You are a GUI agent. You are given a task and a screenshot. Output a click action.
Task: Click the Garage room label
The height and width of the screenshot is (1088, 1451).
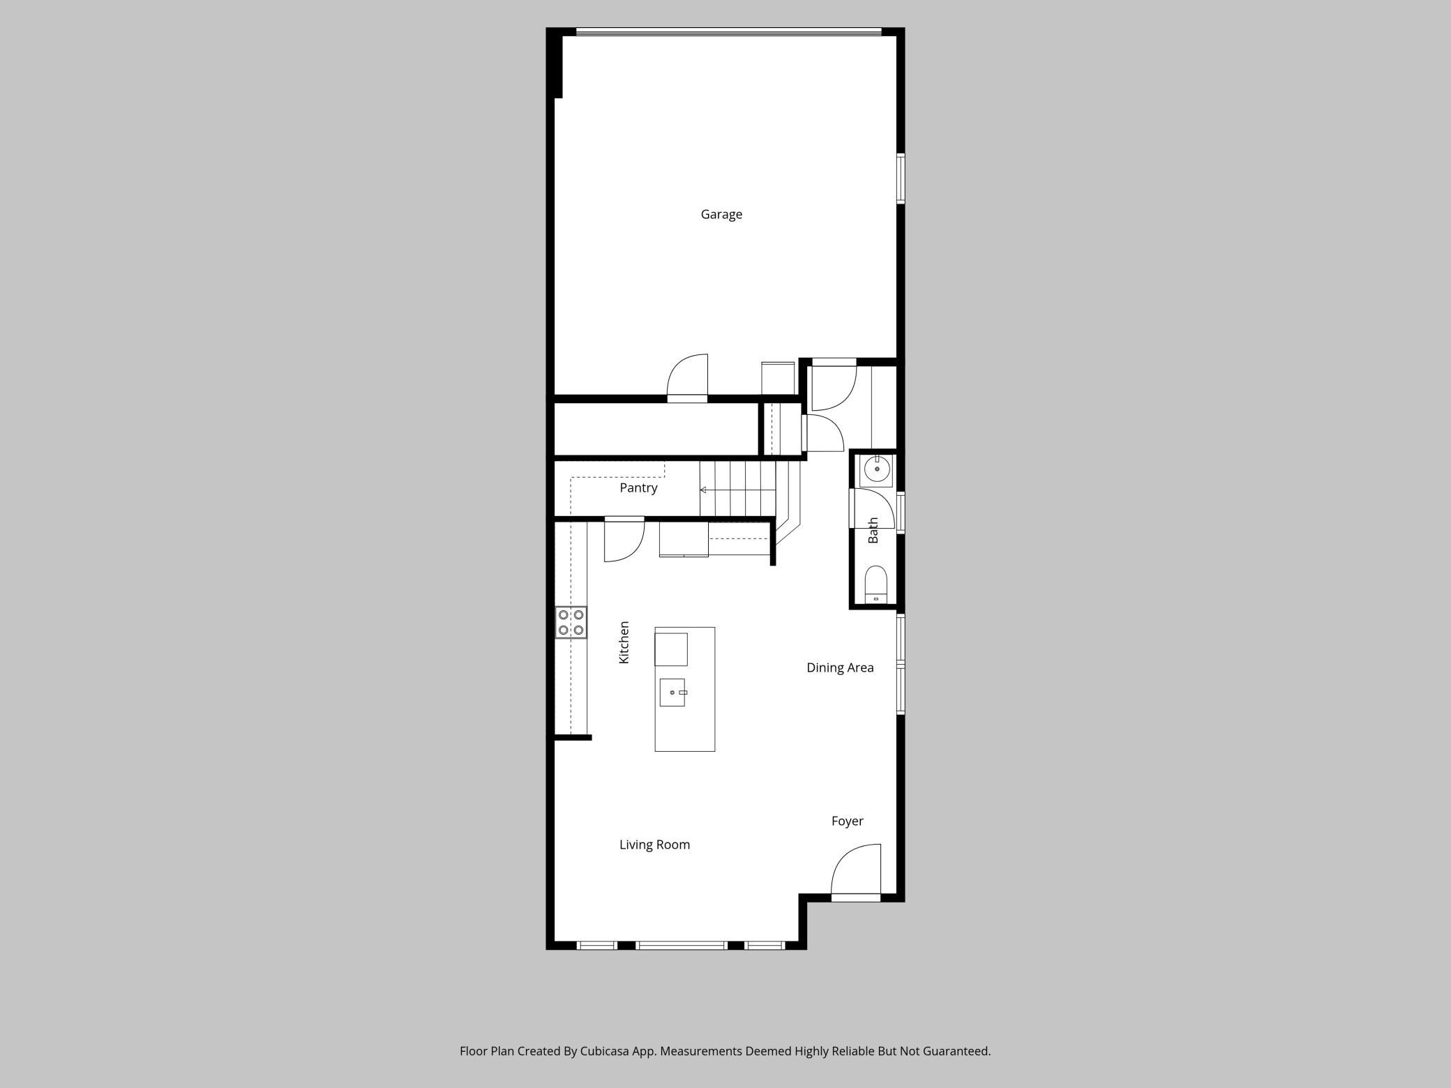[721, 215]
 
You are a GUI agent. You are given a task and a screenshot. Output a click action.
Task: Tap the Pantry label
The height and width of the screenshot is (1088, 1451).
[638, 488]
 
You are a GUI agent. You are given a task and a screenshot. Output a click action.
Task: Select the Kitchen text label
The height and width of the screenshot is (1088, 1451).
[624, 642]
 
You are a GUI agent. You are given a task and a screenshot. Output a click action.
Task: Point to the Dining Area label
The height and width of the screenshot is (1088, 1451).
[840, 668]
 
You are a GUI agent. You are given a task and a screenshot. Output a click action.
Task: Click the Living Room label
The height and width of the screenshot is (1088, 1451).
[654, 845]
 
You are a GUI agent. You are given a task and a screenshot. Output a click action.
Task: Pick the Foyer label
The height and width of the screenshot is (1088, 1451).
[848, 822]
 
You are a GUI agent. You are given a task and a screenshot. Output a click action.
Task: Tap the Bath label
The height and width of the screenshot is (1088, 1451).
[873, 531]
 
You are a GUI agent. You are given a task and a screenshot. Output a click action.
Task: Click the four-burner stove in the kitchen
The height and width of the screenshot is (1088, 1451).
[571, 622]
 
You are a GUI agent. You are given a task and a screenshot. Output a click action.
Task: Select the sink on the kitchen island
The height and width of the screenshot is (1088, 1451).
[672, 693]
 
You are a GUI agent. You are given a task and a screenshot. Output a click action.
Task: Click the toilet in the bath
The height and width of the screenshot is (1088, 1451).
[875, 584]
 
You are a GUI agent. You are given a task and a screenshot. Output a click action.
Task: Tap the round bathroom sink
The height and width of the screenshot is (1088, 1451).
[877, 470]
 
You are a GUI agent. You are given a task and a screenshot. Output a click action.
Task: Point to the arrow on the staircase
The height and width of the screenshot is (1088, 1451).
[737, 490]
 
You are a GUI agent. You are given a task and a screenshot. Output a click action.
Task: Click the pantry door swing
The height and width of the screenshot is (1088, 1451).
[624, 539]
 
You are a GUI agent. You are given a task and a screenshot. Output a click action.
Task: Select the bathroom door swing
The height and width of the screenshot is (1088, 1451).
[871, 508]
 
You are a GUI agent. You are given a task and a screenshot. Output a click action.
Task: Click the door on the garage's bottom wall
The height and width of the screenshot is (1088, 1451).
[688, 379]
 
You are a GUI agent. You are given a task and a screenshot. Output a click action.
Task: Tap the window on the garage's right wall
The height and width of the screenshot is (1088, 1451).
[901, 179]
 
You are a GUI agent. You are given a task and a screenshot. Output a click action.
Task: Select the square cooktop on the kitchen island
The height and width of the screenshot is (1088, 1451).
[671, 649]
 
